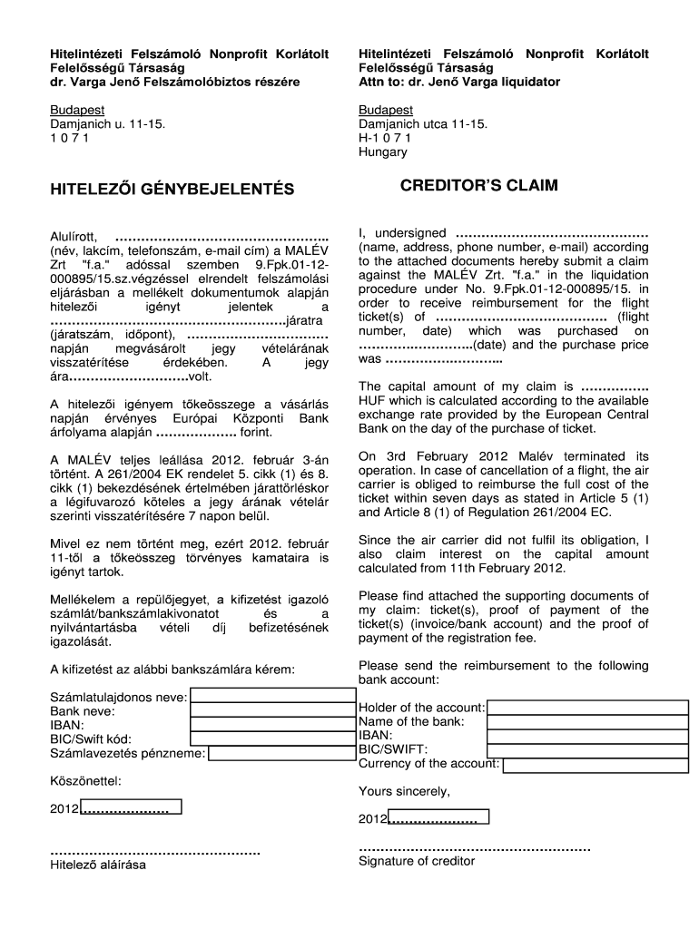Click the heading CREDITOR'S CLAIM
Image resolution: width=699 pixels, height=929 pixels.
coord(479,186)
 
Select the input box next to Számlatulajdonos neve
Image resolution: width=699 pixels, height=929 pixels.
coord(273,696)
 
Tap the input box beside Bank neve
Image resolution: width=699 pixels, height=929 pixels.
coord(273,710)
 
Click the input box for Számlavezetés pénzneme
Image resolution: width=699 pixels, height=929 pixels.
coord(281,752)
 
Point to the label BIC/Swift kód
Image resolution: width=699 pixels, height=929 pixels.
coord(91,739)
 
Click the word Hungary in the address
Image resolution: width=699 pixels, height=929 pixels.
coord(383,152)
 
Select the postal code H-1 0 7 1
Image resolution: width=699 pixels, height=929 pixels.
coord(385,138)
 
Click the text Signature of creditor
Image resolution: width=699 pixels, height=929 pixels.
coord(417,861)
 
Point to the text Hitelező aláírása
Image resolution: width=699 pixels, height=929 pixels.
coord(97,865)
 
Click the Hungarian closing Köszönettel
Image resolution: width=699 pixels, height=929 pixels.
coord(85,780)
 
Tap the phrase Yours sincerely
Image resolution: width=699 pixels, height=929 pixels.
coord(404,791)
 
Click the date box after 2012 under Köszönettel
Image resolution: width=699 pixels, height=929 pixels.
coord(132,807)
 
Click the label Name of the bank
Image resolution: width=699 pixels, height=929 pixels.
coord(411,721)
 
